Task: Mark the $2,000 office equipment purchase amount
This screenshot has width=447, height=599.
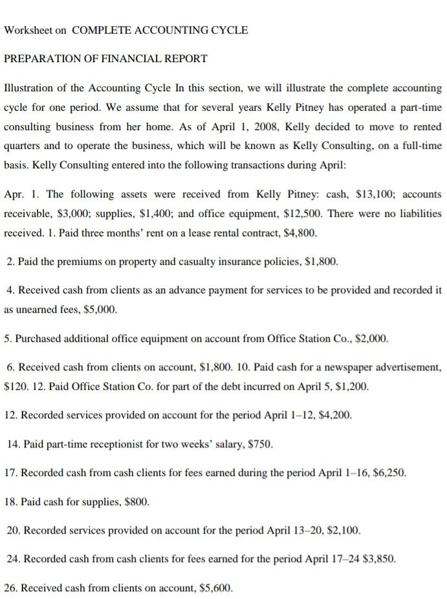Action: (372, 339)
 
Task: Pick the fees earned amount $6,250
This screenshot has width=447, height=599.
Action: (389, 473)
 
